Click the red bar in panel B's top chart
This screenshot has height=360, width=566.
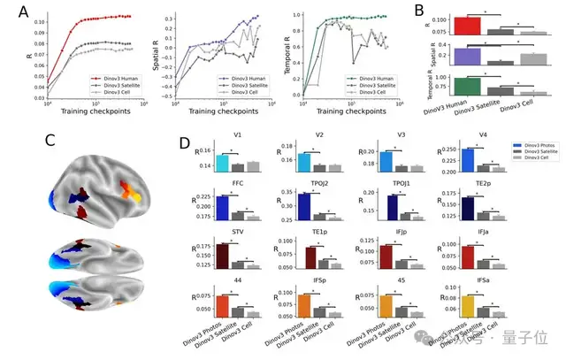click(x=467, y=26)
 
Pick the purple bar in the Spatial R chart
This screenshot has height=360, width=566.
click(x=467, y=56)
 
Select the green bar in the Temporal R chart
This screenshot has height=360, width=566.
click(x=467, y=86)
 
